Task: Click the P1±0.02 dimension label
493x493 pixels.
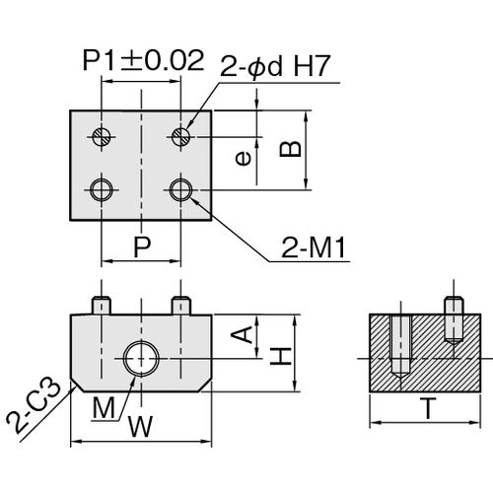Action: (x=143, y=60)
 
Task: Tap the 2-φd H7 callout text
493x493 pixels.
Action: (x=274, y=66)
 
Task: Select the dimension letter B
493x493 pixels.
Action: (x=290, y=149)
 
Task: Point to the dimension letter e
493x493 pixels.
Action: (x=244, y=159)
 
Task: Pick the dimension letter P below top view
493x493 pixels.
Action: (x=142, y=246)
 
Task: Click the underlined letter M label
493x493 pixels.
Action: (x=105, y=408)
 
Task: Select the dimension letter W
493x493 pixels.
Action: (x=141, y=427)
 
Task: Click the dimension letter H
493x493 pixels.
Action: (x=281, y=356)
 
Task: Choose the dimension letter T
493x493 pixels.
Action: (x=428, y=408)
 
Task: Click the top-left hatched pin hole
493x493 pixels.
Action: (x=102, y=136)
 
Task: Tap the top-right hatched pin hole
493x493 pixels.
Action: (x=181, y=136)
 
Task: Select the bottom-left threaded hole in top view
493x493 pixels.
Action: (x=102, y=190)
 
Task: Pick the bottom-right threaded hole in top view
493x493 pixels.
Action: (x=181, y=190)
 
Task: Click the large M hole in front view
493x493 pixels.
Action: (x=141, y=359)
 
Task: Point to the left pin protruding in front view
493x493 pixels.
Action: (x=102, y=306)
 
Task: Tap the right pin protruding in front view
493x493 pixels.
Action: (x=181, y=306)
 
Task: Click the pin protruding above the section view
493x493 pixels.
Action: (x=454, y=305)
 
